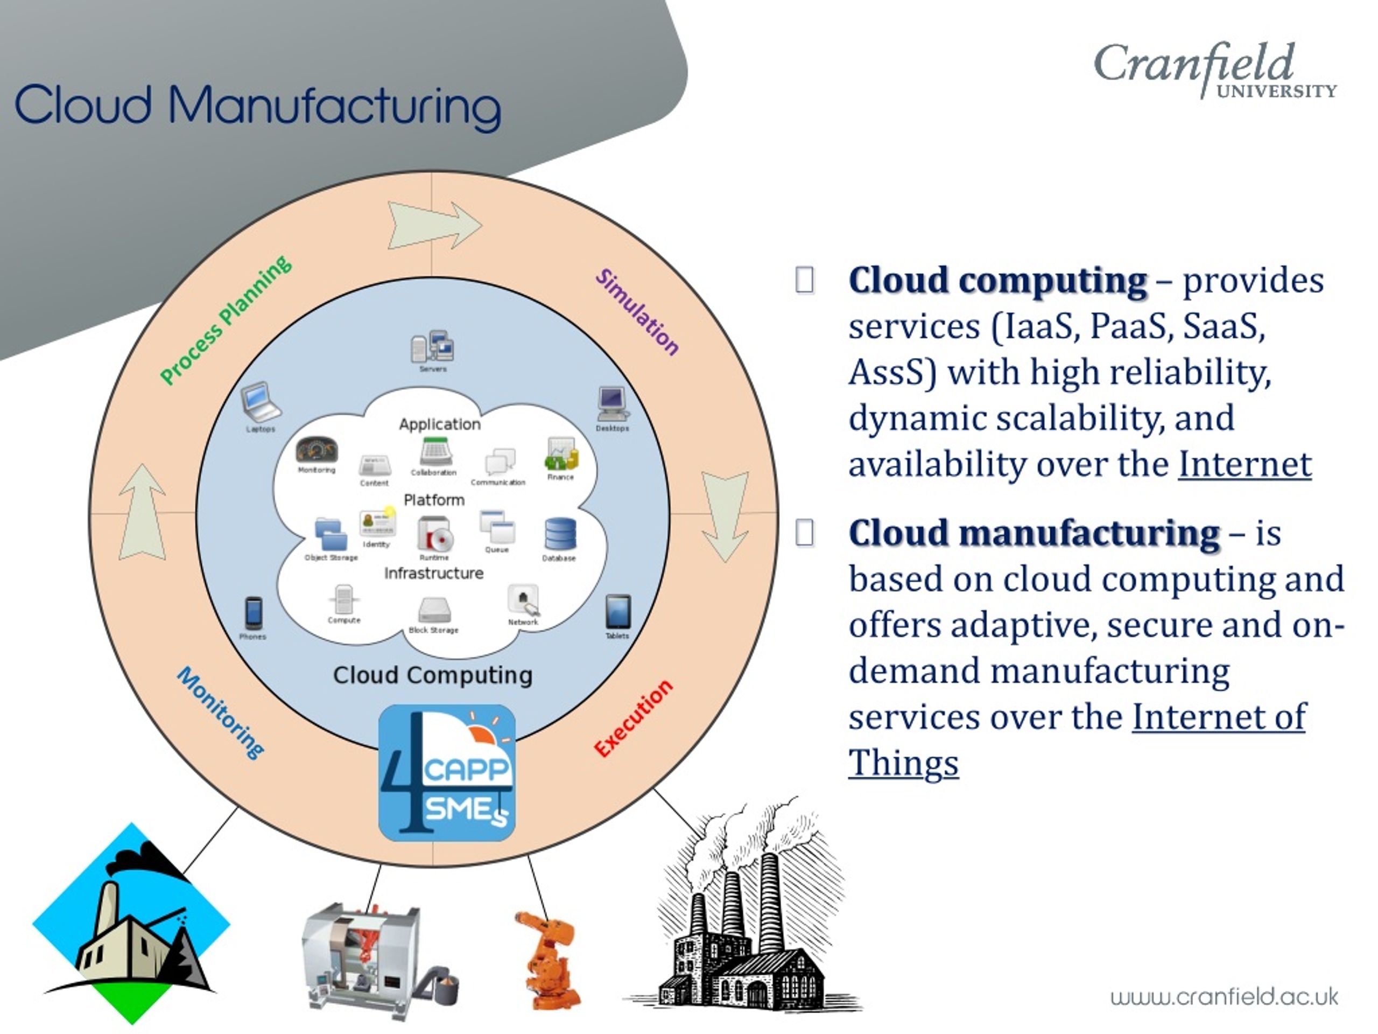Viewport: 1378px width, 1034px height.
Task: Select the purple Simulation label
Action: pos(637,312)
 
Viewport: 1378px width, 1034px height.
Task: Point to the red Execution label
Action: pos(633,718)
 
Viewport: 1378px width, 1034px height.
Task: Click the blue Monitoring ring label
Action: pos(221,712)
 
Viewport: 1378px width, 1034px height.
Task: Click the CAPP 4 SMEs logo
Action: pos(447,772)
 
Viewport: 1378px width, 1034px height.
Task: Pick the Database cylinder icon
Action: pos(559,534)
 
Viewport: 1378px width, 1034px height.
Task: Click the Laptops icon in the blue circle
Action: pos(261,402)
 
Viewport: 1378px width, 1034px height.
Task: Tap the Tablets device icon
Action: pos(617,611)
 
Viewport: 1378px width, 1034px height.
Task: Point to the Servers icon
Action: pos(432,347)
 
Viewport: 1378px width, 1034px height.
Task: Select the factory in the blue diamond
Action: pos(131,923)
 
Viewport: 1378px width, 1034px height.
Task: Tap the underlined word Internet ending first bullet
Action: pos(1244,464)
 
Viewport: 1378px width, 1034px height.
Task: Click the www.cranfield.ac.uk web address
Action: pos(1224,997)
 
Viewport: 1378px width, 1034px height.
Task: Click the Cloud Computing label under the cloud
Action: pos(432,675)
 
